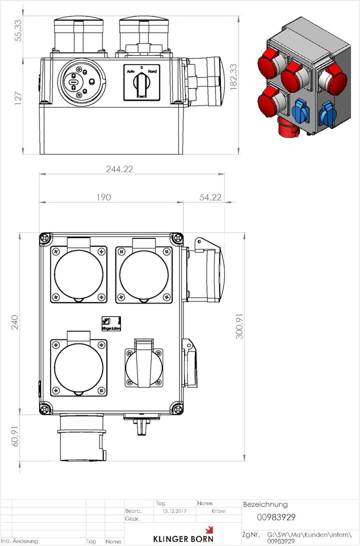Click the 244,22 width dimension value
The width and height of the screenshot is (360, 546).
[x=119, y=169]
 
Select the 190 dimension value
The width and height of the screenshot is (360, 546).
[x=103, y=197]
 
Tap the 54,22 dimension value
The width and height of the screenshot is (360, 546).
[x=210, y=197]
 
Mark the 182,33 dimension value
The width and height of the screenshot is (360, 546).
[x=232, y=76]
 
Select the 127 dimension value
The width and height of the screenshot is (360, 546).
[x=19, y=98]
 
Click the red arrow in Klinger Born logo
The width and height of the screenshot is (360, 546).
[x=209, y=529]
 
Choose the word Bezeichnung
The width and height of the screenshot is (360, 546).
[x=265, y=504]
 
